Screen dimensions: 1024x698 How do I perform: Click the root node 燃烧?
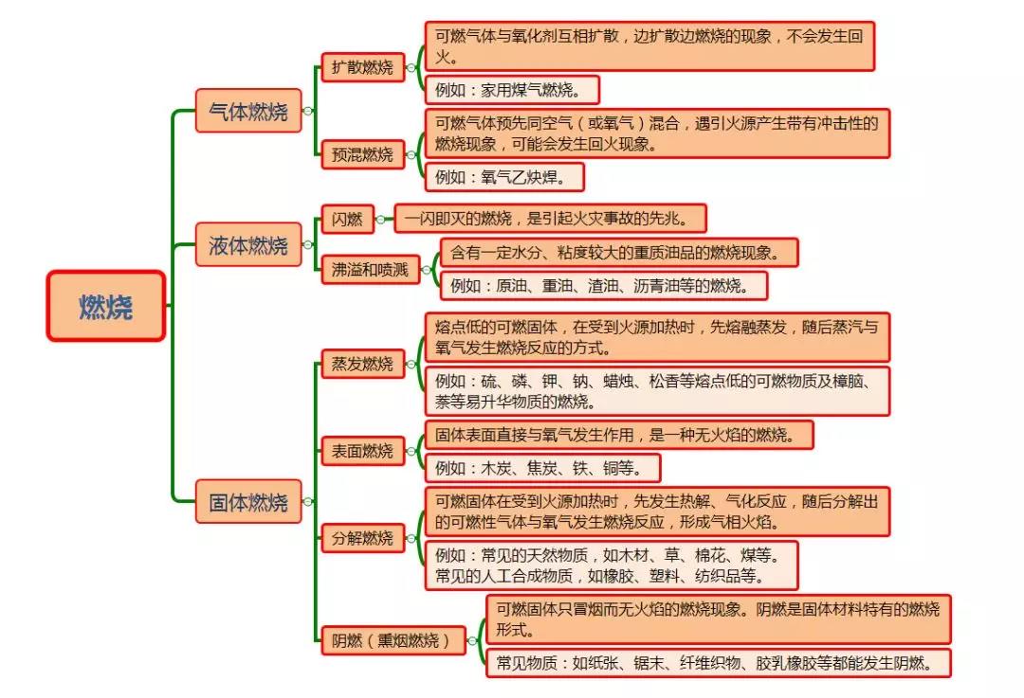pos(106,306)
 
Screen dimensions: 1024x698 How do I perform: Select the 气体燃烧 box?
pos(248,111)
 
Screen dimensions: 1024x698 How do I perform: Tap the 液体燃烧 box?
pos(248,244)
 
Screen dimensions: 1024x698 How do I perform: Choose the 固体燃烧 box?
pos(248,502)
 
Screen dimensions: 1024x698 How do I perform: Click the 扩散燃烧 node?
pos(362,67)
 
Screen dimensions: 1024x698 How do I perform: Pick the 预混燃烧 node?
pos(362,154)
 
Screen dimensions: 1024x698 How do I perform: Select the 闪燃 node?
pos(347,219)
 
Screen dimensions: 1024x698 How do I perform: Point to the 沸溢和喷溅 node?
pos(371,269)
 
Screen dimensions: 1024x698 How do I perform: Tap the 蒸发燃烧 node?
pos(362,364)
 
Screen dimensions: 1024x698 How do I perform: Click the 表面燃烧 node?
pos(362,451)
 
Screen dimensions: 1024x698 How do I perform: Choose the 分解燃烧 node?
pos(362,538)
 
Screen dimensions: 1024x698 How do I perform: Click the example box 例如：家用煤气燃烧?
pos(512,90)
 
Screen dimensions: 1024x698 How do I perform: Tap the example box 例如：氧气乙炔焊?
pos(504,177)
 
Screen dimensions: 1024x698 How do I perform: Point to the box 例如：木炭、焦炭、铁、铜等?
pos(542,468)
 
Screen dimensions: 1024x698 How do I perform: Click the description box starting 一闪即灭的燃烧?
pos(550,219)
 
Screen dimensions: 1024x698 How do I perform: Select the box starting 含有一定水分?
pos(619,253)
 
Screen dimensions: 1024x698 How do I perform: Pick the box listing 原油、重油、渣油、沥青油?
pos(604,286)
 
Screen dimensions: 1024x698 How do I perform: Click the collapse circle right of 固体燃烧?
pos(308,502)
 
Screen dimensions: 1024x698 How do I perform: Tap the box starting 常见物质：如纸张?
pos(719,663)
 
